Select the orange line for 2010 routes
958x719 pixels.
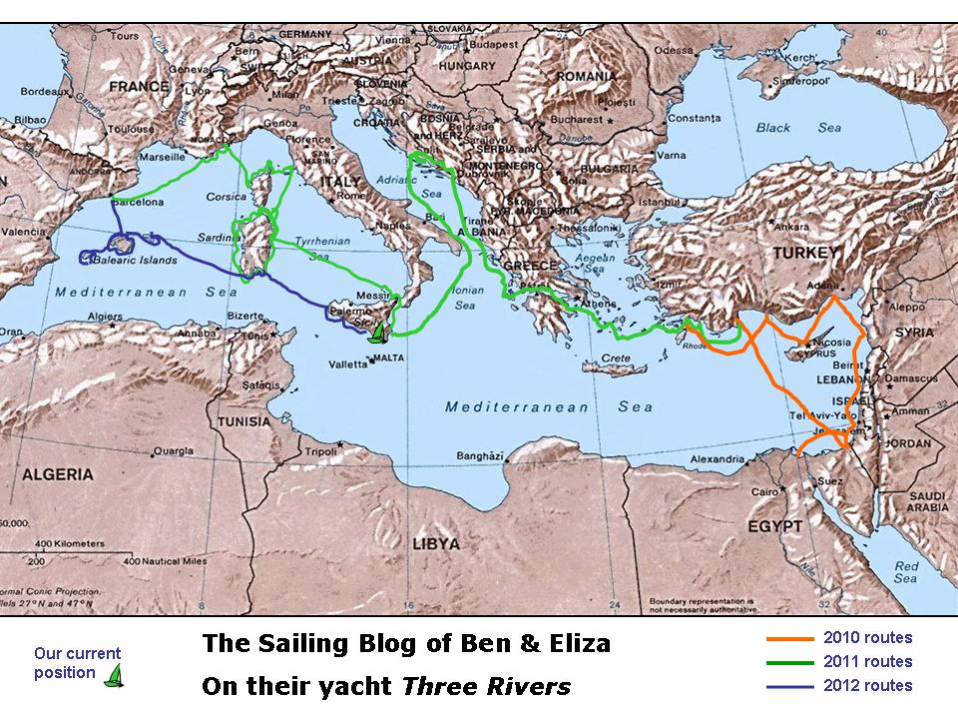[790, 638]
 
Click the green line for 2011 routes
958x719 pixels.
[790, 662]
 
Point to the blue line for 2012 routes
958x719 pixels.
[790, 685]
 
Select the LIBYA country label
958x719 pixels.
[435, 544]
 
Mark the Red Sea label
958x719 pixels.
[906, 572]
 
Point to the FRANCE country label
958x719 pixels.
[140, 87]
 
